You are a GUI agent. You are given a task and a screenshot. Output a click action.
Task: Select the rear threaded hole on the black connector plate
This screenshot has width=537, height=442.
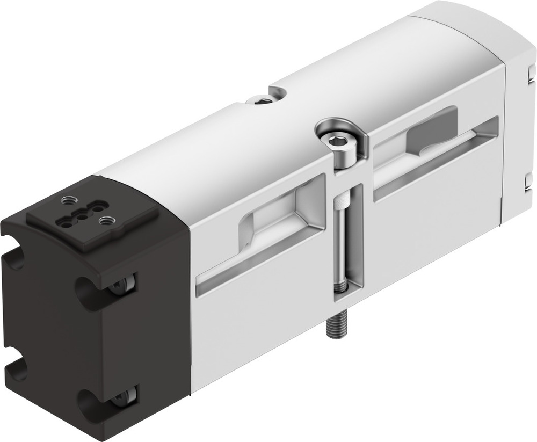click(67, 201)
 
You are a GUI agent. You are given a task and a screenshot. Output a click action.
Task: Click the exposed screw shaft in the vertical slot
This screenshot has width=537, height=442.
click(342, 252)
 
